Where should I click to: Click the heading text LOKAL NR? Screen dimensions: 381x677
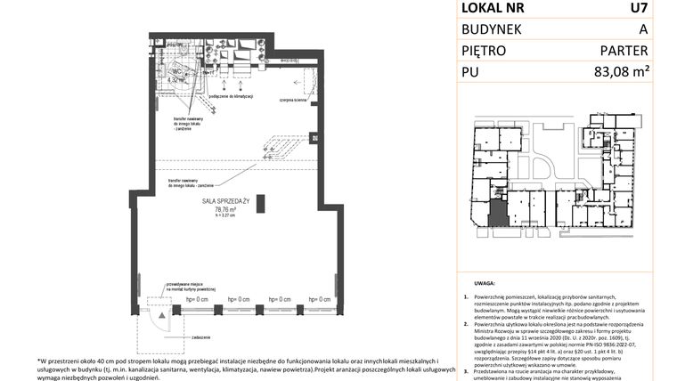493,9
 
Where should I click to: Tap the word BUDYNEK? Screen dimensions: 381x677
492,29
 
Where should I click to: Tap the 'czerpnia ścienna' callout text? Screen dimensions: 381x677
292,101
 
